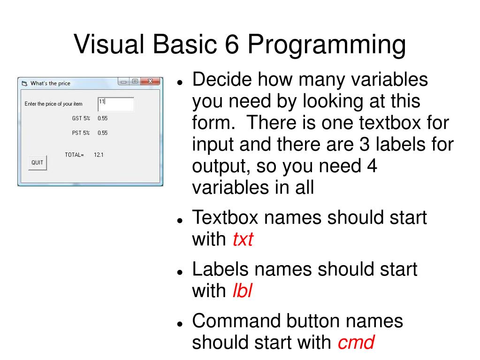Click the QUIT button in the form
pyautogui.click(x=37, y=163)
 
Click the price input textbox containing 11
pyautogui.click(x=116, y=104)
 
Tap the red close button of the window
pyautogui.click(x=150, y=81)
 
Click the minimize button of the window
pyautogui.click(x=123, y=81)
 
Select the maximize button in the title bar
pyautogui.click(x=135, y=81)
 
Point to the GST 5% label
pyautogui.click(x=81, y=118)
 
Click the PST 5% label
pyautogui.click(x=81, y=133)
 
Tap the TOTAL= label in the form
pyautogui.click(x=74, y=154)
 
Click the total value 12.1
pyautogui.click(x=99, y=154)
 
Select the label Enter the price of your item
pyautogui.click(x=53, y=104)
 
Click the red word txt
pyautogui.click(x=243, y=240)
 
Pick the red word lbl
pyautogui.click(x=242, y=291)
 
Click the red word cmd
pyautogui.click(x=356, y=343)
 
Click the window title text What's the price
pyautogui.click(x=50, y=83)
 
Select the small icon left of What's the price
pyautogui.click(x=24, y=84)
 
